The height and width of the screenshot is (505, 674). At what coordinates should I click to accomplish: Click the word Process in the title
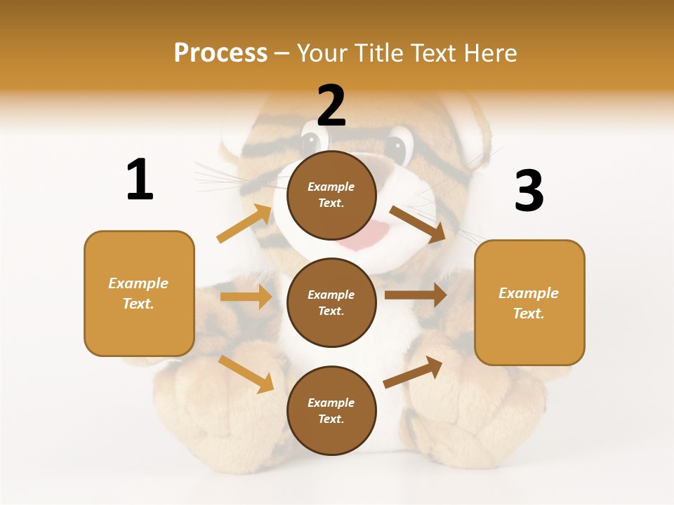pos(220,53)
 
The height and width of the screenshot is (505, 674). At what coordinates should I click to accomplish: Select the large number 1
pos(140,180)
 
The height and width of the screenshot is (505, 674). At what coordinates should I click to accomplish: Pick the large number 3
pos(529,191)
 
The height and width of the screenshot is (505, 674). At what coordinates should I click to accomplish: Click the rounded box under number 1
pos(139,293)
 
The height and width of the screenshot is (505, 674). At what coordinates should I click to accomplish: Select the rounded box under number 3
pos(529,303)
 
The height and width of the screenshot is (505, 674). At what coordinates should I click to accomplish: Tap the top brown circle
pos(331,195)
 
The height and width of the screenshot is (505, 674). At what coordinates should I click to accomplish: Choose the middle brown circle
pos(331,302)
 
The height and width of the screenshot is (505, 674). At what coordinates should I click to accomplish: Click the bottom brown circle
pos(331,410)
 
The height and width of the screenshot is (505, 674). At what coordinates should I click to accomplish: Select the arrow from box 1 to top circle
pos(244,224)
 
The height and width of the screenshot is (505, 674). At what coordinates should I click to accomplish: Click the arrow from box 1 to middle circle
pos(246,297)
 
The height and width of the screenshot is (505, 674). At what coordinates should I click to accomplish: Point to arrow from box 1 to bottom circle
pos(246,374)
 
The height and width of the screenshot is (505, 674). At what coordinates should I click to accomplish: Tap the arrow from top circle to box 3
pos(418,224)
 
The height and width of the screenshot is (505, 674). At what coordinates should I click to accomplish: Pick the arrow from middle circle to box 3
pos(416,295)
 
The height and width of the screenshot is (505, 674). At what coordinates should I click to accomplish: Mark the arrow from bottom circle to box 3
pos(414,372)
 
